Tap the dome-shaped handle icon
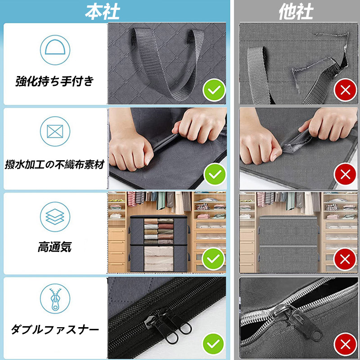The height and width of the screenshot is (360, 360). [x=55, y=50]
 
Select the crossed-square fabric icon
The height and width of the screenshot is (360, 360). [x=55, y=131]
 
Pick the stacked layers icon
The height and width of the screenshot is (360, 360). [x=55, y=216]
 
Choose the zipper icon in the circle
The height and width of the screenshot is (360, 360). [x=55, y=298]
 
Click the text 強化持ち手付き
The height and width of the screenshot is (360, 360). [x=55, y=81]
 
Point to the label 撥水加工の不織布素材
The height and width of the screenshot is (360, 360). [x=55, y=164]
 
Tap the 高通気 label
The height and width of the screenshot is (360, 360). [x=55, y=247]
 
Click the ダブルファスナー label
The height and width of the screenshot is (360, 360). [x=55, y=329]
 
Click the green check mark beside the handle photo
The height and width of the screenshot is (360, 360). [x=214, y=90]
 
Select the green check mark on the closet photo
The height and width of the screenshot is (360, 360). [x=213, y=259]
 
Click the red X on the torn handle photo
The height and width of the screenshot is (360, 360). [x=345, y=90]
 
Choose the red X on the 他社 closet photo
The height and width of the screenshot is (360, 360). [x=345, y=260]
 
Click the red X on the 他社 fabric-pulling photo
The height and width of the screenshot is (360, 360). [x=345, y=175]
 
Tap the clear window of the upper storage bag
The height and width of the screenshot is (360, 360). [x=159, y=231]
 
